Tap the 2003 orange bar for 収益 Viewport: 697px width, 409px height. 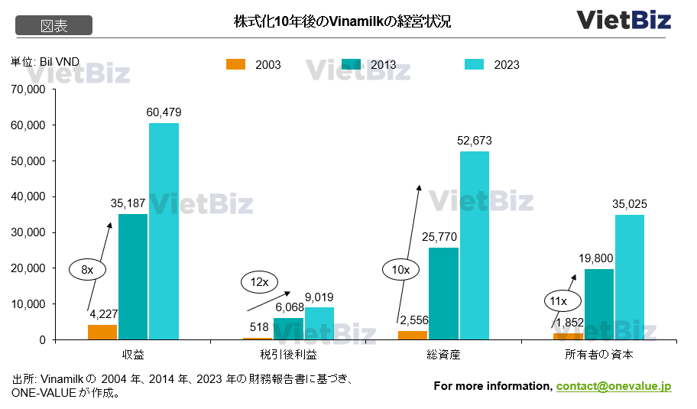coord(102,332)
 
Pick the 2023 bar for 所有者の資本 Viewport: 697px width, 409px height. coord(630,277)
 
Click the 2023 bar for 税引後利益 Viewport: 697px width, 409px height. coord(319,323)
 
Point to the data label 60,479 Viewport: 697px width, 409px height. coord(164,112)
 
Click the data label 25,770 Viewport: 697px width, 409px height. coord(443,238)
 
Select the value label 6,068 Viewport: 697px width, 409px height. coord(289,307)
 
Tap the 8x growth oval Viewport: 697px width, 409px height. coord(87,269)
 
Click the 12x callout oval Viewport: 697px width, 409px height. coord(260,282)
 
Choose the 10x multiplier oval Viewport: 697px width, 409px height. coord(400,269)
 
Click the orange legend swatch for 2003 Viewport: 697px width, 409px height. coord(235,64)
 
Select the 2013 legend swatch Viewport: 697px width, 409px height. coord(352,64)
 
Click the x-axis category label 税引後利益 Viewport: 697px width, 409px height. coord(287,355)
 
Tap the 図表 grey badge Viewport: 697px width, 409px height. coord(54,26)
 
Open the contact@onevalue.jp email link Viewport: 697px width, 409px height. coord(614,386)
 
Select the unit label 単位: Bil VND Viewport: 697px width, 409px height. coord(44,61)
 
